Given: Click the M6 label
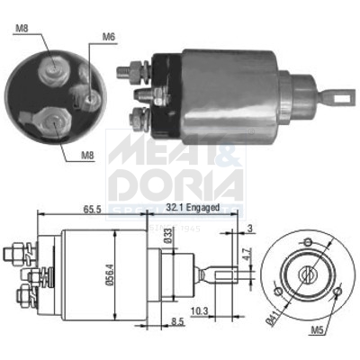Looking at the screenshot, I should [109, 36].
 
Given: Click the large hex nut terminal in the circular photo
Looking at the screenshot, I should [52, 117].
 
